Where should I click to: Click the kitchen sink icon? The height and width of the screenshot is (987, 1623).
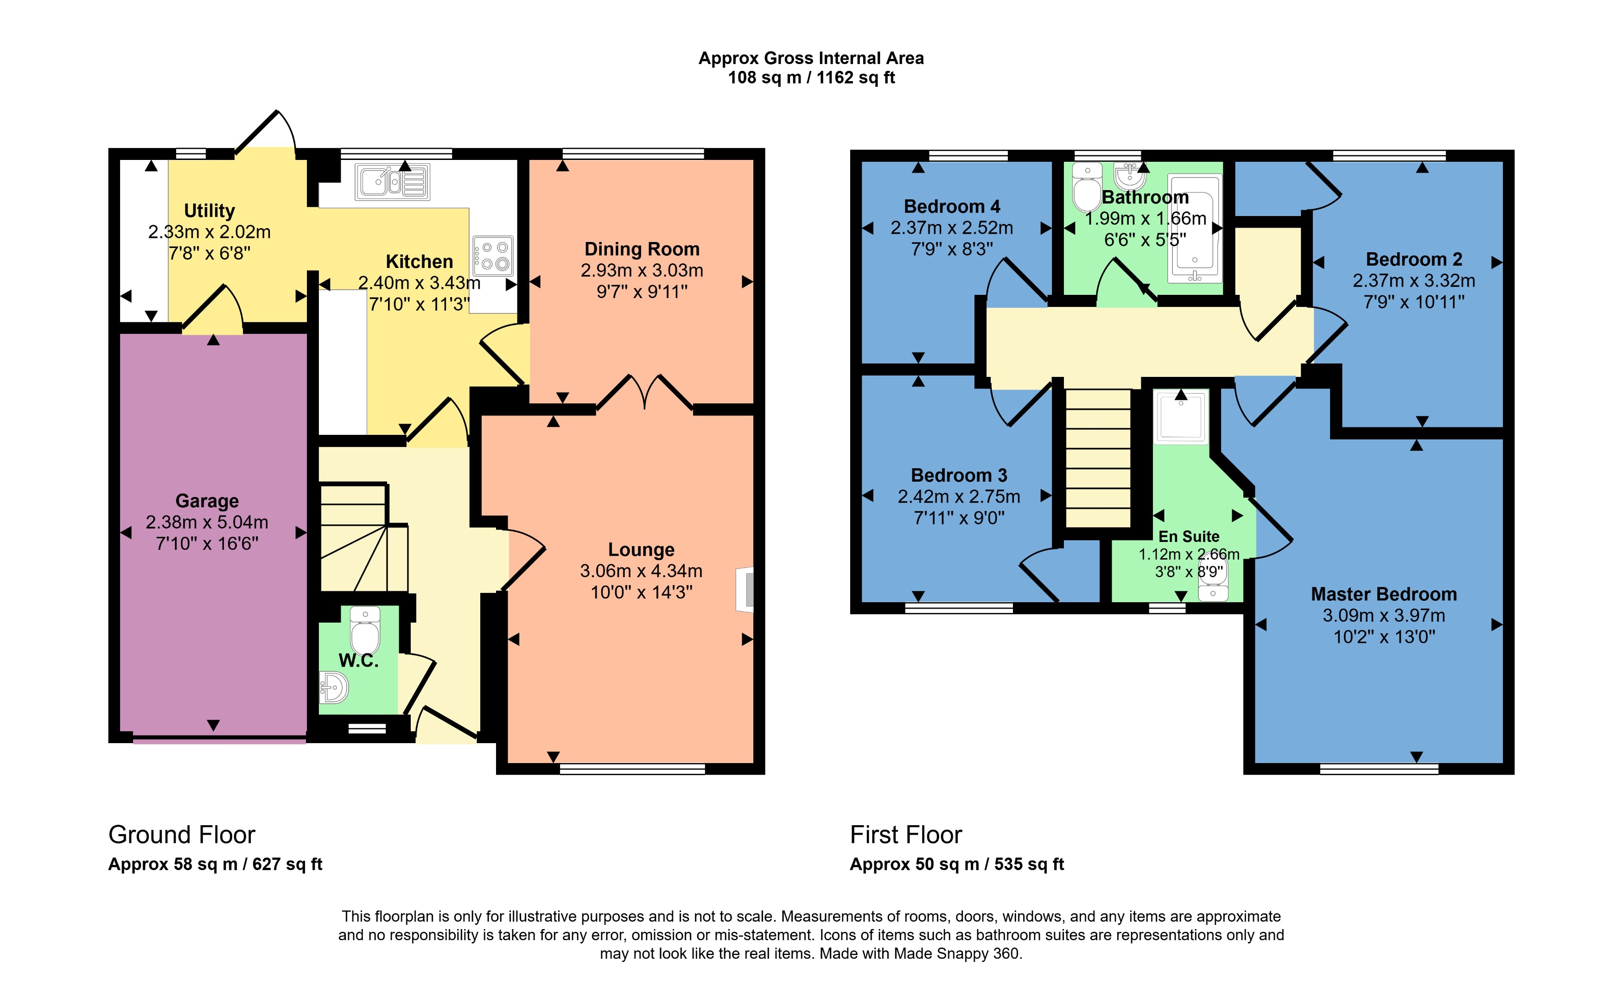(393, 181)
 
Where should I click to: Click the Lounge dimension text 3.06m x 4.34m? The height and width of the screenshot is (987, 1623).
(641, 571)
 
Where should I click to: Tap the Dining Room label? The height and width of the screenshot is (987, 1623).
(642, 249)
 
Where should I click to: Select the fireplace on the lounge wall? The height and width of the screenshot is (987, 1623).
(745, 590)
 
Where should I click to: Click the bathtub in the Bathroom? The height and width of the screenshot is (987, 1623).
(1194, 228)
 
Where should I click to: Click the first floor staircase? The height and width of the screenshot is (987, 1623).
(1098, 458)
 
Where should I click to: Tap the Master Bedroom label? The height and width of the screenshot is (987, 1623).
(1383, 594)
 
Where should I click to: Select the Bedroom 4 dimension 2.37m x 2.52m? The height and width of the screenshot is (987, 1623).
(952, 228)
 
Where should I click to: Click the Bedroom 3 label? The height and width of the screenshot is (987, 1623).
(958, 475)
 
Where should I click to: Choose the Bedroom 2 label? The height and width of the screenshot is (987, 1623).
(1413, 259)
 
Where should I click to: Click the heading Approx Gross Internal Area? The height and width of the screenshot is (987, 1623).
(811, 58)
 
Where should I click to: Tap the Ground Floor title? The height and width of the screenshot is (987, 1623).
(182, 835)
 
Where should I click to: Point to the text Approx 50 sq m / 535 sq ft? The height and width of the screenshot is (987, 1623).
(956, 865)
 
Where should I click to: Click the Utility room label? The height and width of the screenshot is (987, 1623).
(210, 211)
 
